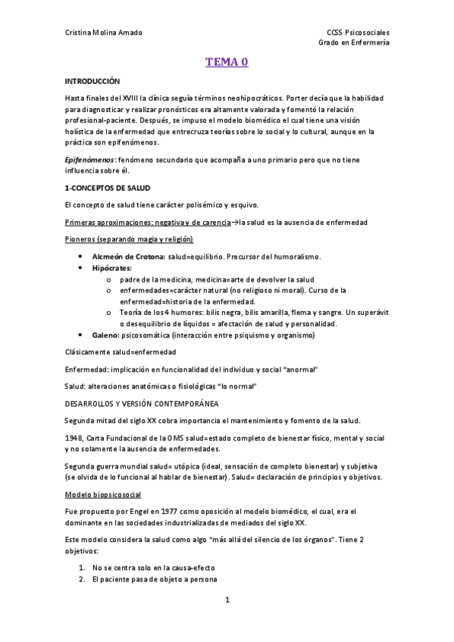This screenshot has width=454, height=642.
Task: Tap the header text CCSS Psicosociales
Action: [x=357, y=33]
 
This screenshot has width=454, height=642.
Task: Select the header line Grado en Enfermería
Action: [x=355, y=43]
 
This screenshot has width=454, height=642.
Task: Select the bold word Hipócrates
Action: [x=112, y=268]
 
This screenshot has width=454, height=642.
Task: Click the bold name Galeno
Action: [x=106, y=335]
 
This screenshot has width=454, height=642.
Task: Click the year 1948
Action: [x=74, y=438]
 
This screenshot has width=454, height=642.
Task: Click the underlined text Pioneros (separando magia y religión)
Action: [x=129, y=239]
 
